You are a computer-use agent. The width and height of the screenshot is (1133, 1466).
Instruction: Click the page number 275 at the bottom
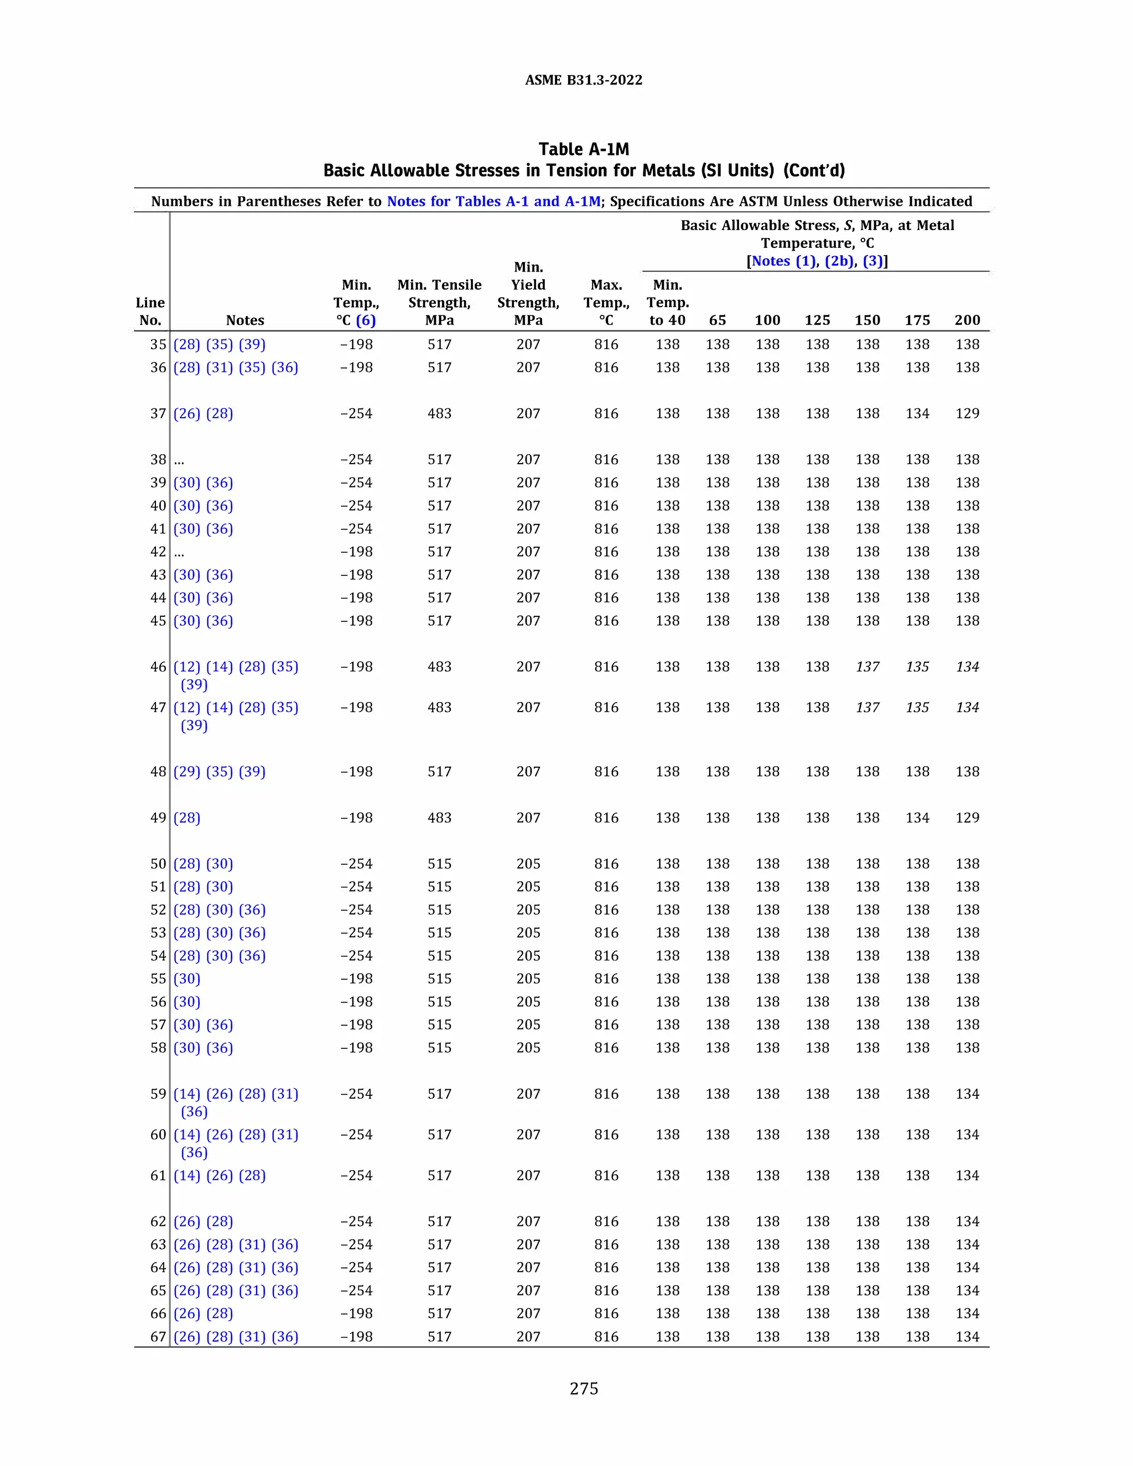[x=583, y=1388]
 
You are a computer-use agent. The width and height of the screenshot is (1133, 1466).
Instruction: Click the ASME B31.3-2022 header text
[x=583, y=80]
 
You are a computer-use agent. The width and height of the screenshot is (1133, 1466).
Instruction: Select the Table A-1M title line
[x=583, y=149]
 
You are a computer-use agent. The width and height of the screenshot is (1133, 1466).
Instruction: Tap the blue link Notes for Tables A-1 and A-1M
[x=493, y=201]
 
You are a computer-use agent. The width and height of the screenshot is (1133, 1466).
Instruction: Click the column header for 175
[x=917, y=320]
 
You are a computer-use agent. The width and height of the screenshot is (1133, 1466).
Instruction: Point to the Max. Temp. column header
[x=606, y=302]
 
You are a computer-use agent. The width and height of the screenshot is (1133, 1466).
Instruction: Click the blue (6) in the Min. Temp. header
[x=366, y=320]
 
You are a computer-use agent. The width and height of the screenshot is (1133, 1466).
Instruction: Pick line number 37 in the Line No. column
[x=158, y=413]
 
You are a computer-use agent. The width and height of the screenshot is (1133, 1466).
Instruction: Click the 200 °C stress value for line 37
[x=967, y=413]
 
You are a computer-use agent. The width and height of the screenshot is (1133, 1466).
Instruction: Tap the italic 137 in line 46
[x=867, y=667]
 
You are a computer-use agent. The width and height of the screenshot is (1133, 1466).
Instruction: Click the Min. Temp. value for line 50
[x=356, y=864]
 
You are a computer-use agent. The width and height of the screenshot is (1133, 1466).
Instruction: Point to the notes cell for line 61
[x=220, y=1176]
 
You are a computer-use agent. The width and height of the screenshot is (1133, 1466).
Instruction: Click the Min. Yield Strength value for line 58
[x=528, y=1048]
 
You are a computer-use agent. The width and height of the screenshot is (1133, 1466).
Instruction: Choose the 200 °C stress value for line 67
[x=967, y=1337]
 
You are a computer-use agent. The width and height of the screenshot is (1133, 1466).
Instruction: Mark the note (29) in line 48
[x=186, y=771]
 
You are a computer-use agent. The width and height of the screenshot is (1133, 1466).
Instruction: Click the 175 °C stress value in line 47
[x=917, y=708]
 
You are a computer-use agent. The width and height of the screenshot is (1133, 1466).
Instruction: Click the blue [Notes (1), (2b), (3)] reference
[x=817, y=261]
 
